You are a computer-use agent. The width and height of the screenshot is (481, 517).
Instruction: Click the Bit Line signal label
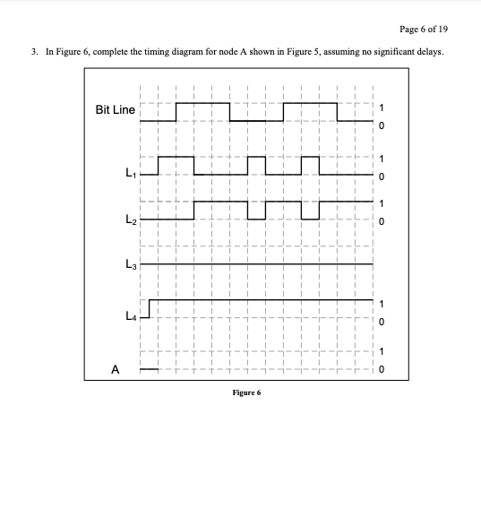[116, 110]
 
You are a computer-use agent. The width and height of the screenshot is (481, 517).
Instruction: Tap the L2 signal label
[131, 219]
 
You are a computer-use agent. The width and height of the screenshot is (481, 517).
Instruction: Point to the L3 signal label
[131, 264]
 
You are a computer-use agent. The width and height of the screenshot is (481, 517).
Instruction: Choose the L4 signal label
[131, 316]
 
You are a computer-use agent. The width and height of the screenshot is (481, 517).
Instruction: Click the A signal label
[115, 367]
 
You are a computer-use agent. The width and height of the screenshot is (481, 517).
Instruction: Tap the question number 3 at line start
[33, 52]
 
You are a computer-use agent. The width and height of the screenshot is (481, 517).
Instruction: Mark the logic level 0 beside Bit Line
[382, 125]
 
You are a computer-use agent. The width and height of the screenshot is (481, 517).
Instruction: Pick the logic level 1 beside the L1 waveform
[382, 159]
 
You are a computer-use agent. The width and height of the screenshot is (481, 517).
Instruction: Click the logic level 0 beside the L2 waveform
[382, 220]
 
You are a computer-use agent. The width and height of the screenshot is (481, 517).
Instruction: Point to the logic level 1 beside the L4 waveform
[382, 302]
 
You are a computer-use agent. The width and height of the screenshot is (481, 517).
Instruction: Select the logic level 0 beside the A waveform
[382, 369]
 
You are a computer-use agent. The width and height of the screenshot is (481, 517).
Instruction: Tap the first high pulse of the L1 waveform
[176, 157]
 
